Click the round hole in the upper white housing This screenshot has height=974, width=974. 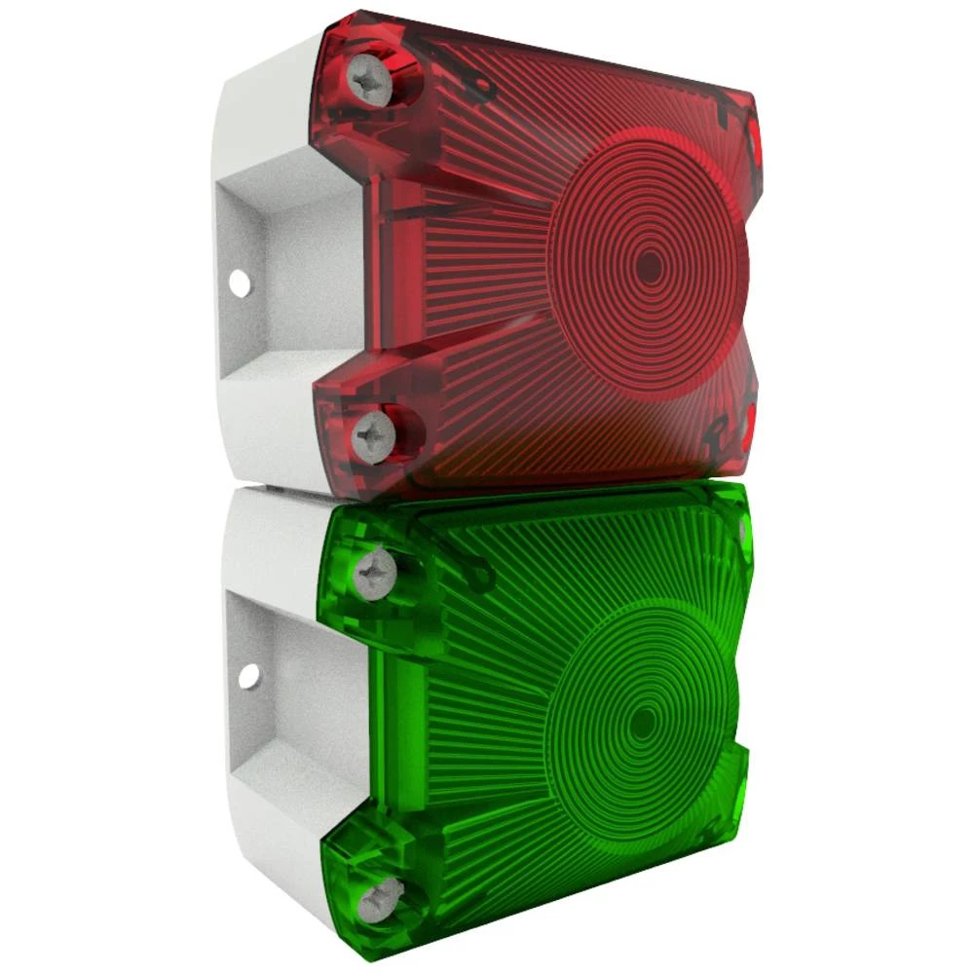click(x=238, y=283)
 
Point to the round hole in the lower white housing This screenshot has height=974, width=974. click(x=249, y=673)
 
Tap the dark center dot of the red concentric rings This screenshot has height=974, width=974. click(x=648, y=268)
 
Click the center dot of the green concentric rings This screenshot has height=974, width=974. click(x=642, y=723)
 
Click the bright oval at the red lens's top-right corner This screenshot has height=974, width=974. click(x=753, y=141)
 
